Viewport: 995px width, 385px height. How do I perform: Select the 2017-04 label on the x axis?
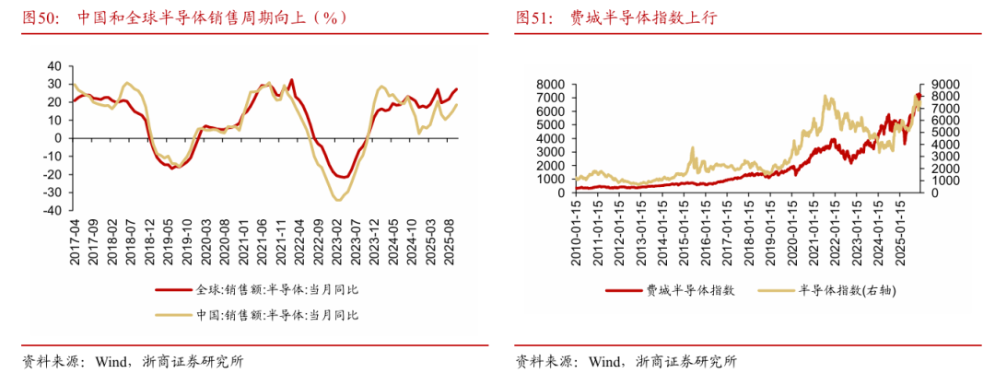[x=75, y=241]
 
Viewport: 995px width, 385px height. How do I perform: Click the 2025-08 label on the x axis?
[x=451, y=241]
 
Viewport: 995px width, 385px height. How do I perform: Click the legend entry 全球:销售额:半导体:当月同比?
[x=277, y=289]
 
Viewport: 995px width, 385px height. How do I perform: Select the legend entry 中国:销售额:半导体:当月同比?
[x=277, y=315]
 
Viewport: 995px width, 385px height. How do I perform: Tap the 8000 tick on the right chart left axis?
[x=547, y=84]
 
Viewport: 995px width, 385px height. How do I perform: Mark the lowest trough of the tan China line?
[x=338, y=200]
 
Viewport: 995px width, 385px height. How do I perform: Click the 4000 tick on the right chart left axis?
[x=547, y=138]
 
